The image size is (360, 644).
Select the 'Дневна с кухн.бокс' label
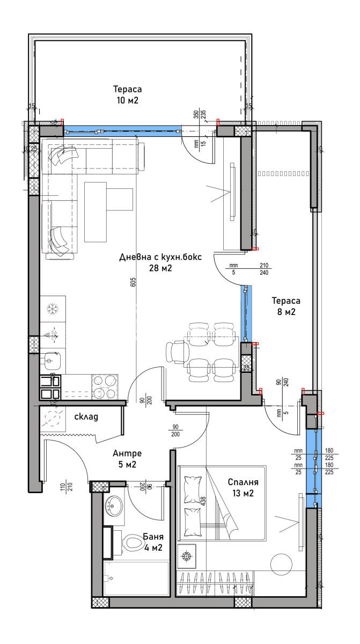pyautogui.click(x=160, y=262)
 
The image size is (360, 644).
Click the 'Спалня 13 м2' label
pyautogui.click(x=240, y=488)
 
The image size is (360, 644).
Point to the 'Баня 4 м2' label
pyautogui.click(x=153, y=542)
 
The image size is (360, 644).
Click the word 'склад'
pyautogui.click(x=85, y=416)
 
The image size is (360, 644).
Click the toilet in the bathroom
pyautogui.click(x=130, y=544)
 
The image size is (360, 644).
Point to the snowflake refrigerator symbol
pyautogui.click(x=53, y=309)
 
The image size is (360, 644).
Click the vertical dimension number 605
pyautogui.click(x=133, y=283)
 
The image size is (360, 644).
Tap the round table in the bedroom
pyautogui.click(x=281, y=564)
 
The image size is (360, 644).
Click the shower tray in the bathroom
pyautogui.click(x=136, y=578)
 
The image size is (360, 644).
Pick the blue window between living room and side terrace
pyautogui.click(x=246, y=314)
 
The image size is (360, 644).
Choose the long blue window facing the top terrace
pyautogui.click(x=122, y=129)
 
